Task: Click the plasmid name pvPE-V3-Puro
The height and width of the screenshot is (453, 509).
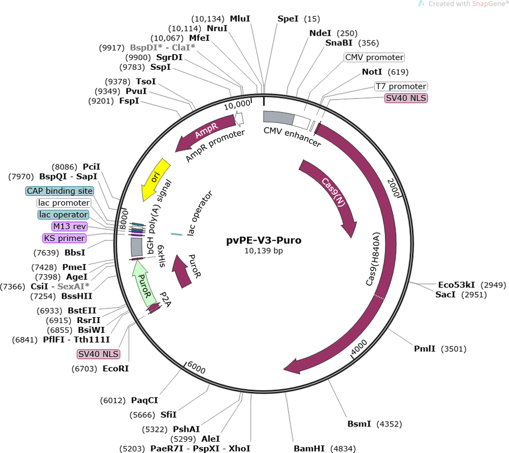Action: point(264,240)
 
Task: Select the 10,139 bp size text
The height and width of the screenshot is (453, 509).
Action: point(264,251)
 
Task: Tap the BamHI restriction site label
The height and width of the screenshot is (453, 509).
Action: point(306,448)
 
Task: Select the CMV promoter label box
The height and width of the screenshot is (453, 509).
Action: point(374,57)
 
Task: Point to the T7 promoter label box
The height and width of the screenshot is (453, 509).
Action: point(401,86)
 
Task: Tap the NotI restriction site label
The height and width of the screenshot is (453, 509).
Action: point(372,72)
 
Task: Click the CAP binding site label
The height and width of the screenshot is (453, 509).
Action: point(60,191)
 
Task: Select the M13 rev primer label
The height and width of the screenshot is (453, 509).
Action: point(70,226)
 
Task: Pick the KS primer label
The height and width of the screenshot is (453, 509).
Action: point(64,238)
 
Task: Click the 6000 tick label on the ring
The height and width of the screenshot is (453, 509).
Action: point(195,367)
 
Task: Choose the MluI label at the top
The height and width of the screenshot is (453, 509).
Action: point(240,18)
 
